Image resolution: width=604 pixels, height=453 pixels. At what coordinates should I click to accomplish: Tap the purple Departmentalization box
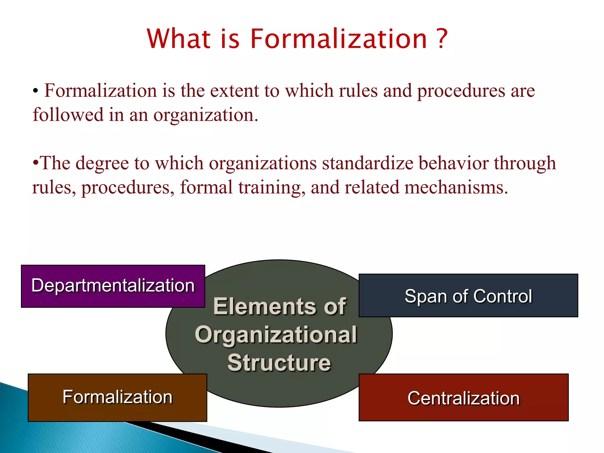click(113, 286)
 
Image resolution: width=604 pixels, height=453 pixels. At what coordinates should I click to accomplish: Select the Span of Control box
click(468, 296)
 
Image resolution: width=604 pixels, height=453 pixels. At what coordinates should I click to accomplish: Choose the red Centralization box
click(463, 398)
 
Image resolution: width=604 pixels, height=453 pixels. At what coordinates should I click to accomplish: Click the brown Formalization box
click(117, 397)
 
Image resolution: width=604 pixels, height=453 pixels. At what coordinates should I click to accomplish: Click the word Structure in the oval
click(279, 362)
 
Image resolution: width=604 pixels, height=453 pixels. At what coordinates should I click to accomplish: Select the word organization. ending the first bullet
click(206, 115)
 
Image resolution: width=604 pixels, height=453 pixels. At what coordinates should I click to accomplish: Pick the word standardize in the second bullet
click(367, 163)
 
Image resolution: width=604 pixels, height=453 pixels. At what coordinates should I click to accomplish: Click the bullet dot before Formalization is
click(35, 91)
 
